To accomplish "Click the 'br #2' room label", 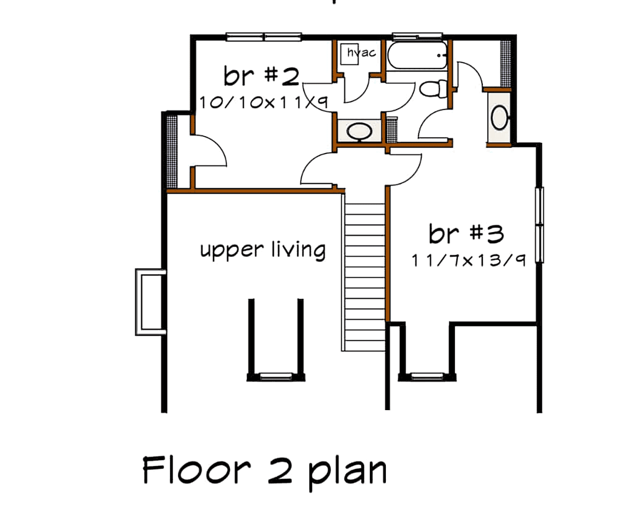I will pos(261,77).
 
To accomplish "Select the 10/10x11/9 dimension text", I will pos(263,102).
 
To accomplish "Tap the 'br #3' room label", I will pos(466,234).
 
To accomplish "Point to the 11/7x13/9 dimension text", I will pos(467,261).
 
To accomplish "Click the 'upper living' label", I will pos(263,250).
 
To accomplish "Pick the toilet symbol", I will pos(433,88).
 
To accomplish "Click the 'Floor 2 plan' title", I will pos(264,471).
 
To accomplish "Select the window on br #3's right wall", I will pos(540,225).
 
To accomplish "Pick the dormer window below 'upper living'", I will pos(275,376).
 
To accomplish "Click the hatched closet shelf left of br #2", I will pos(171,151).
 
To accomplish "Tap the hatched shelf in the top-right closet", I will pos(505,63).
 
